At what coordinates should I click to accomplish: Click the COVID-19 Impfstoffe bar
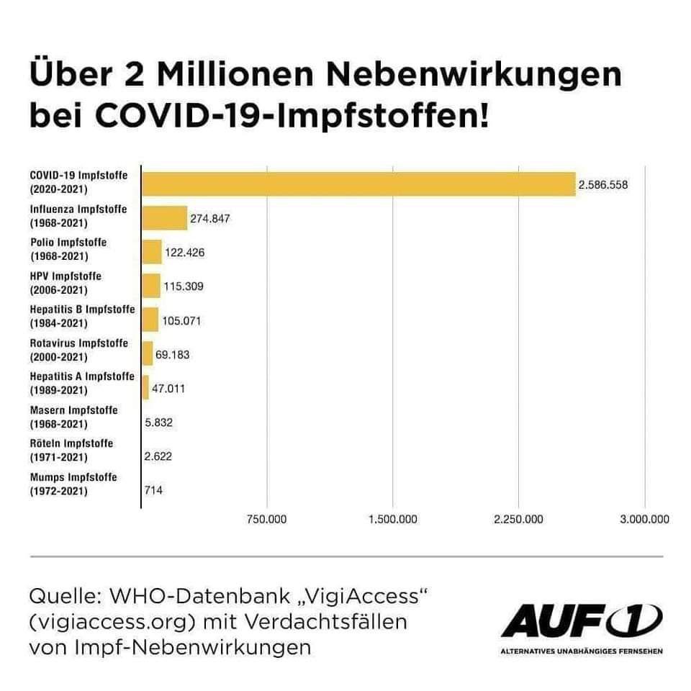click(358, 184)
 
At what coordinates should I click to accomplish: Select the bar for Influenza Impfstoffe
click(164, 218)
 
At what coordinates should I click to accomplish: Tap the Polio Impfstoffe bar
click(152, 252)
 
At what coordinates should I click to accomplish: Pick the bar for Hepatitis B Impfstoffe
click(150, 319)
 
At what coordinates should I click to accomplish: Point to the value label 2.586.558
click(603, 185)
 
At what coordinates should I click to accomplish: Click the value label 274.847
click(209, 218)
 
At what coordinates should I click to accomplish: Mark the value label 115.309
click(184, 286)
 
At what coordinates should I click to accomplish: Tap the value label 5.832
click(158, 423)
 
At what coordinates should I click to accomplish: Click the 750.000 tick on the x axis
click(267, 520)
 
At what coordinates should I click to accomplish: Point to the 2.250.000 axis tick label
click(518, 520)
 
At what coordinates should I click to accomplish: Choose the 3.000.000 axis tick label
click(644, 520)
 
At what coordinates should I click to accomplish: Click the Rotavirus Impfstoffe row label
click(79, 350)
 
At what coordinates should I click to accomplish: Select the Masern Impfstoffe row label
click(73, 417)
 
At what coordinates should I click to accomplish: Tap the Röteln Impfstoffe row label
click(71, 450)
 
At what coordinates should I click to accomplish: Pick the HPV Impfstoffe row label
click(66, 283)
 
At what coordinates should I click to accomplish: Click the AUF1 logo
click(582, 622)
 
